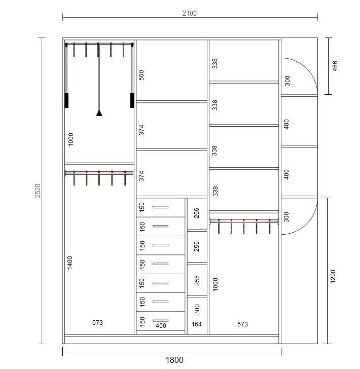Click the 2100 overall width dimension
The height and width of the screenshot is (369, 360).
190,13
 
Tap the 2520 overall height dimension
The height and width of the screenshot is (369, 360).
38,191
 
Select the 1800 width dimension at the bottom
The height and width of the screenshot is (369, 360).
174,360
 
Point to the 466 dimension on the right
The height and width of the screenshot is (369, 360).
335,66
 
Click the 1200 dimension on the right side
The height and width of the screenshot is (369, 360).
333,276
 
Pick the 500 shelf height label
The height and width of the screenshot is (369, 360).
141,75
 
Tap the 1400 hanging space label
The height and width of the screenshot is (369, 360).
70,263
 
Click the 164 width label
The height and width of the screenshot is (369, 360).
197,324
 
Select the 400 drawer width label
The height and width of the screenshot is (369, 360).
161,326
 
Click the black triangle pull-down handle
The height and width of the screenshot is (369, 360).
99,113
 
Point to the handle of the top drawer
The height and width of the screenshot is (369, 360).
160,207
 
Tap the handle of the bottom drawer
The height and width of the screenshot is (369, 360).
160,320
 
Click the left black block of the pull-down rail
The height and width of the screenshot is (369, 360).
66,100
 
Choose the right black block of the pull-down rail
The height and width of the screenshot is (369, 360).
132,100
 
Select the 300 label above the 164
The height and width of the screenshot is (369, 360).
197,309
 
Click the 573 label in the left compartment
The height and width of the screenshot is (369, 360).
97,323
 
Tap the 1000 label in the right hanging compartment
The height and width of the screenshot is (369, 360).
215,284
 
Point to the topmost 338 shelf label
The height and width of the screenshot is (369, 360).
214,63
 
